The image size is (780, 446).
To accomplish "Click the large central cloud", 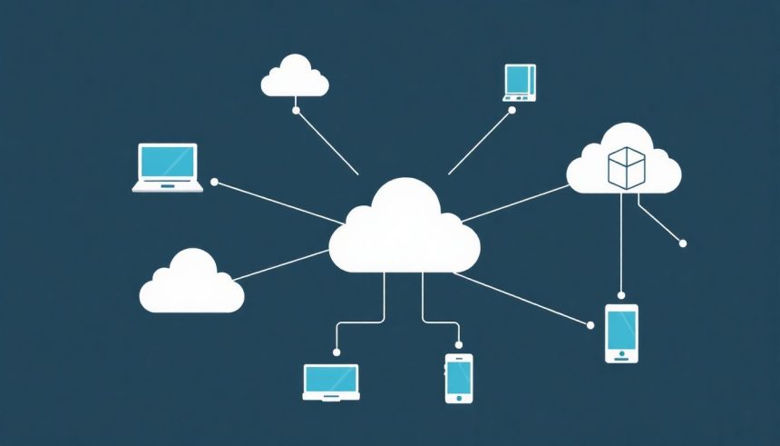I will pos(404,232).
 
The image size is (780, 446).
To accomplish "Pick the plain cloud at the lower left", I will pos(191,285).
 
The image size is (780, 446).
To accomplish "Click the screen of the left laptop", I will pos(168,162).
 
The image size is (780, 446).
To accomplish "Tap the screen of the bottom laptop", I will pos(331,378).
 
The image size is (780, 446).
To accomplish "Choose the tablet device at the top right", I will pos(521,81).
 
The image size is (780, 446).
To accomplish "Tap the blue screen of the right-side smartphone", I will pos(621,329).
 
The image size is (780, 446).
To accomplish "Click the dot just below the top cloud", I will pos(296,110).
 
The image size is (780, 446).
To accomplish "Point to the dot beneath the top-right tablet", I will pos(512,110).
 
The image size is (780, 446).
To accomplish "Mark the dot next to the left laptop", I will pos(214,182).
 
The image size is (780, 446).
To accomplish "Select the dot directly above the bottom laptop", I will pos(336,352).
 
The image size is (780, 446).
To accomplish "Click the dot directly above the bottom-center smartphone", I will pos(459,345).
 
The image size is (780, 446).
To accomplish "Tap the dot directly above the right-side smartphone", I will pos(621,295).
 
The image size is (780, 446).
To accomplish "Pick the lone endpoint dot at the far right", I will pos(683,243).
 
